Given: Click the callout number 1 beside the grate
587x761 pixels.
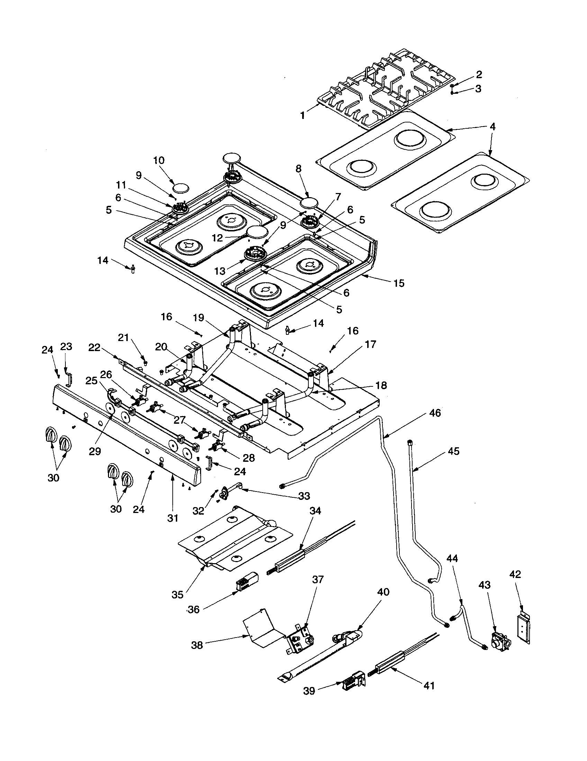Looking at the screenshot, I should pos(302,115).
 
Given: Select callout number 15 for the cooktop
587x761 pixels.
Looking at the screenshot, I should pos(399,283).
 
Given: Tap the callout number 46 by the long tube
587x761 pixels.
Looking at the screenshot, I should pos(435,413).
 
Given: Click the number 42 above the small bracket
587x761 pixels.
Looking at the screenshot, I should pos(515,574).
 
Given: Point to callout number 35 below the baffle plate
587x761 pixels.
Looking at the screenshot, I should pos(177,594).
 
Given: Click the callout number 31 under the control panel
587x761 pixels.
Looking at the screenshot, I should pos(173,518).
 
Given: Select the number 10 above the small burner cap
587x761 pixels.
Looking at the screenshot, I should pos(159,161).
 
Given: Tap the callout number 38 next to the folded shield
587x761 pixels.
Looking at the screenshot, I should pos(197,645).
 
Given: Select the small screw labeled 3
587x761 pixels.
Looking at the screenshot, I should pos(452,92).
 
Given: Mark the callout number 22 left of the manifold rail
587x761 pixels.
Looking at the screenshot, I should pos(94,347).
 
